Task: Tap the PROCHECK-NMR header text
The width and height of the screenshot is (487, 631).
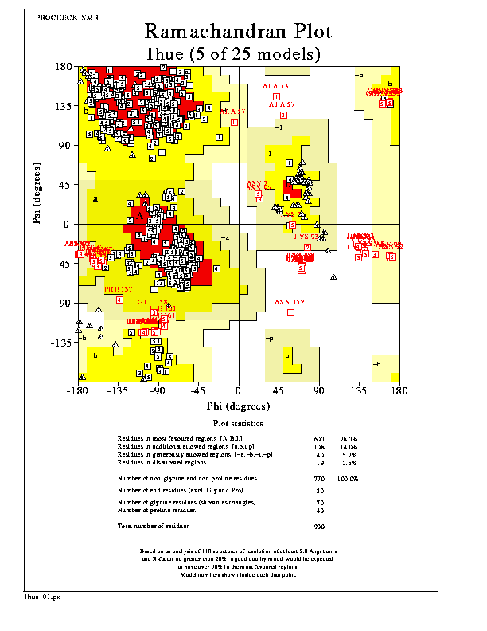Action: (63, 17)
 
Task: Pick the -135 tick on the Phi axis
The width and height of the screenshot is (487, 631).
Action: (117, 391)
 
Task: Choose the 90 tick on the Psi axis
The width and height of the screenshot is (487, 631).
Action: (64, 146)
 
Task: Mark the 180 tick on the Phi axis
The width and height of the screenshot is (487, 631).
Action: (398, 391)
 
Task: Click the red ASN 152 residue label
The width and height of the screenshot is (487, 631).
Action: (290, 303)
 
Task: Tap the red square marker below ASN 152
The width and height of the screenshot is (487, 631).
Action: (290, 312)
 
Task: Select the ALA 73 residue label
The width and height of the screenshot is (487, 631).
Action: (276, 86)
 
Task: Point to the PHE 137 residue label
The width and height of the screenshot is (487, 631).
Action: (119, 289)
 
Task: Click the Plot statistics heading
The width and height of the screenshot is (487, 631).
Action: (239, 424)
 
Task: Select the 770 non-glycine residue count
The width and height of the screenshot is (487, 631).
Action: (320, 479)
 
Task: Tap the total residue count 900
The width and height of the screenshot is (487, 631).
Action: (320, 527)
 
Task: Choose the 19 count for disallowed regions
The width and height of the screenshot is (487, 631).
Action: (320, 462)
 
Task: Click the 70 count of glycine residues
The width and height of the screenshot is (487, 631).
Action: (320, 504)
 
